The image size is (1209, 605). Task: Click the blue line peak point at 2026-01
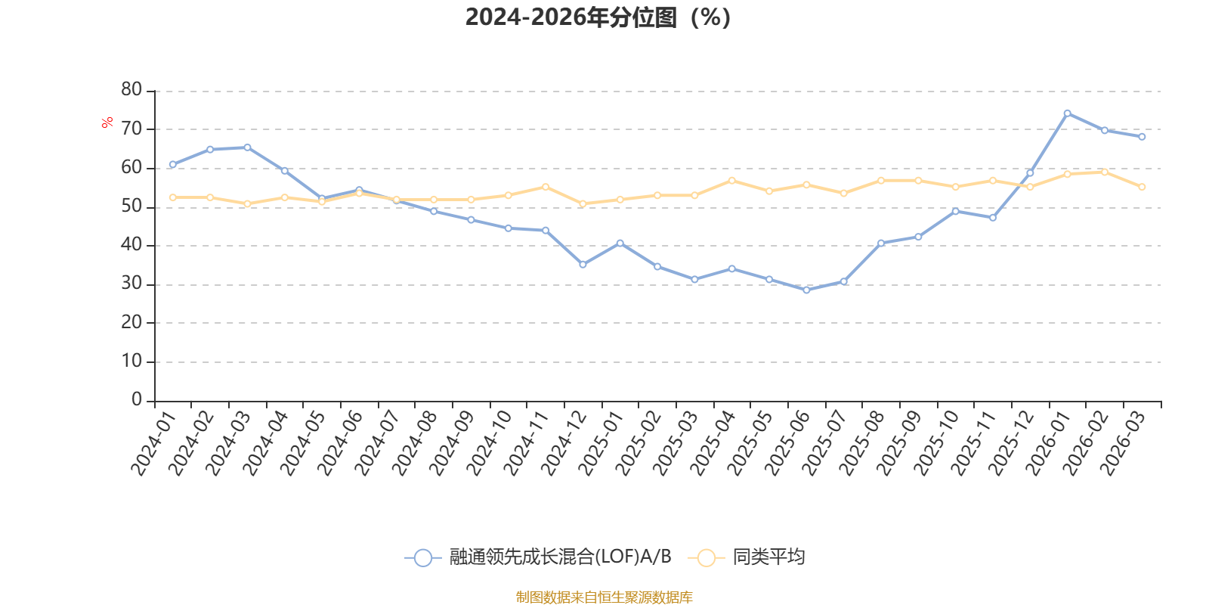(1067, 113)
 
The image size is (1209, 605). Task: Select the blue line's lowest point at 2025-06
(806, 290)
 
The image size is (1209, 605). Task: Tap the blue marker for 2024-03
(247, 147)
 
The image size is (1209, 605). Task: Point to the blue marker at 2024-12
(583, 265)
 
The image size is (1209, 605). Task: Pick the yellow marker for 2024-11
(546, 187)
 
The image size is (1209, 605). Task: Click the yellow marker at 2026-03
(1142, 187)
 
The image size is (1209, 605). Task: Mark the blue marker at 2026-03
(1142, 137)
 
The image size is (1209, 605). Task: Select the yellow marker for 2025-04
(731, 181)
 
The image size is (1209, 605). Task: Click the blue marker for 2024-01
(172, 164)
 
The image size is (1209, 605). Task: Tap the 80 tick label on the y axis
(131, 90)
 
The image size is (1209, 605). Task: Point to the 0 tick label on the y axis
(136, 400)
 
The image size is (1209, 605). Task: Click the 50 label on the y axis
(131, 206)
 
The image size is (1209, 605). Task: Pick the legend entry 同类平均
(768, 557)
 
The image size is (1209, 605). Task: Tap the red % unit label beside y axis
(107, 123)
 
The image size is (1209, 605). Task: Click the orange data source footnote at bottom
(604, 597)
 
